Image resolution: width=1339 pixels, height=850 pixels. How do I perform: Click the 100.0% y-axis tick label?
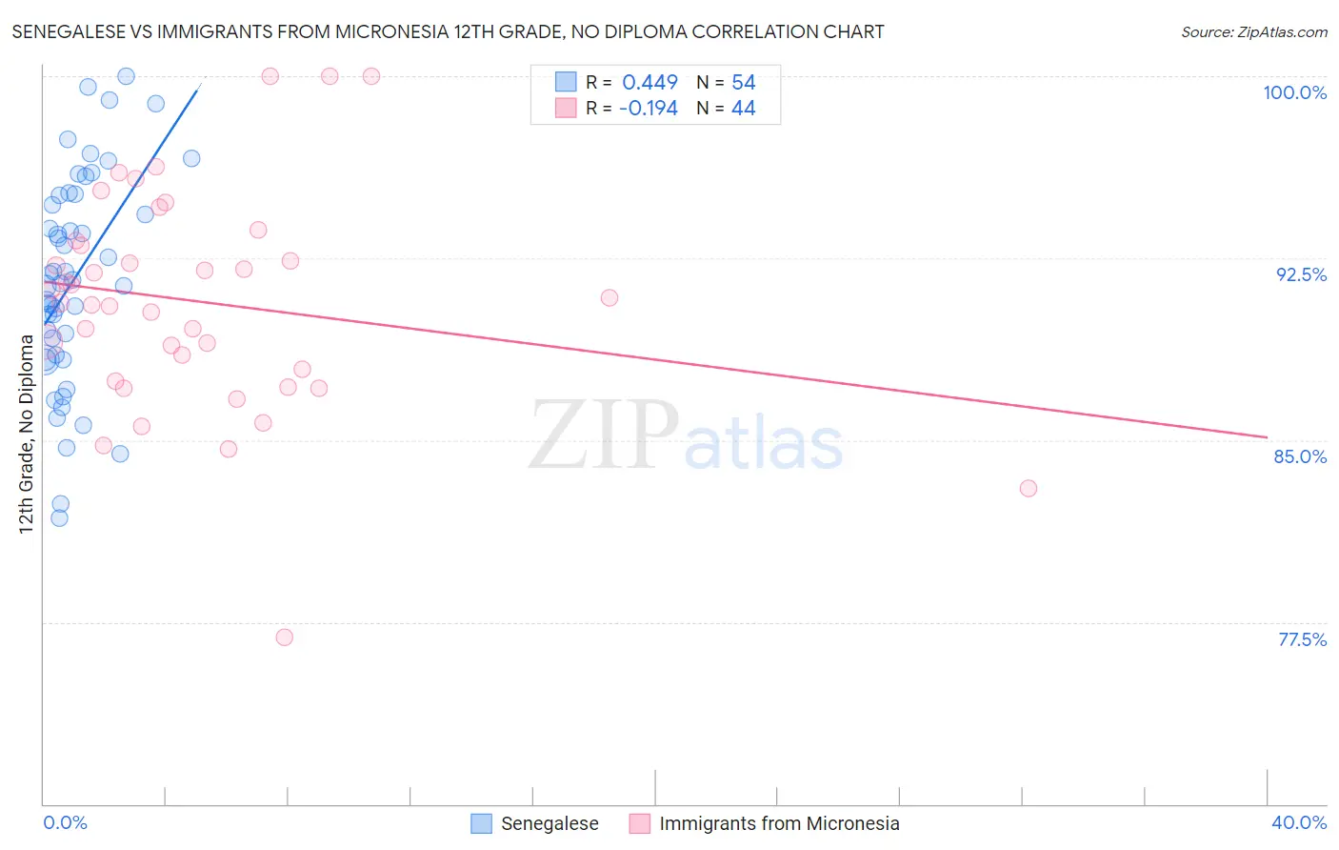pos(1294,92)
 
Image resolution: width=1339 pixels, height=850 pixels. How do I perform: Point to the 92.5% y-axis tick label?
pos(1301,274)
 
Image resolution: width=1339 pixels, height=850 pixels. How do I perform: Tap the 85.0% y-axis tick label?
pos(1300,456)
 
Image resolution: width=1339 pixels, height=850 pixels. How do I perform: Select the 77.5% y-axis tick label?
pos(1302,639)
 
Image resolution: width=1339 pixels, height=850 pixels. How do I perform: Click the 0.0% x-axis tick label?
pos(65,822)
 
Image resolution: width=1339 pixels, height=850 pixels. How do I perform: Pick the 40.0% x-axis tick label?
pos(1298,822)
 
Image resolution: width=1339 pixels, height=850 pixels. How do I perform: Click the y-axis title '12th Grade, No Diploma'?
pos(27,434)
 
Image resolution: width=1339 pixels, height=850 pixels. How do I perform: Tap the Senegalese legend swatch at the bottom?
pos(482,823)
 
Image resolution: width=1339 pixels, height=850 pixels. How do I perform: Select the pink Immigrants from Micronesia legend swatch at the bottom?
pos(640,823)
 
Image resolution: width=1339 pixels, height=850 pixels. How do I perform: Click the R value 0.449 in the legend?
pos(650,83)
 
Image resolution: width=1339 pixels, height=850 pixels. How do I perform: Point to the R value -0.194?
pos(648,109)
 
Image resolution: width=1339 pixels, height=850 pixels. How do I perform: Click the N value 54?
pos(743,83)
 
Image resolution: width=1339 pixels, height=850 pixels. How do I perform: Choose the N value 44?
pos(743,109)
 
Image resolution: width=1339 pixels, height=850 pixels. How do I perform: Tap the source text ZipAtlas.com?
pos(1282,31)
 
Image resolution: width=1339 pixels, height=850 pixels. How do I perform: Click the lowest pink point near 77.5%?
pos(284,637)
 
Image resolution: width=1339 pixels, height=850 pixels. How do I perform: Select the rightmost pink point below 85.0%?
pos(1028,488)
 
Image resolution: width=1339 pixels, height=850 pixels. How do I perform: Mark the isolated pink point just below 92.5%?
pos(610,297)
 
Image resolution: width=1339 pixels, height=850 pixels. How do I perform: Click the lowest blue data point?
pos(59,518)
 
